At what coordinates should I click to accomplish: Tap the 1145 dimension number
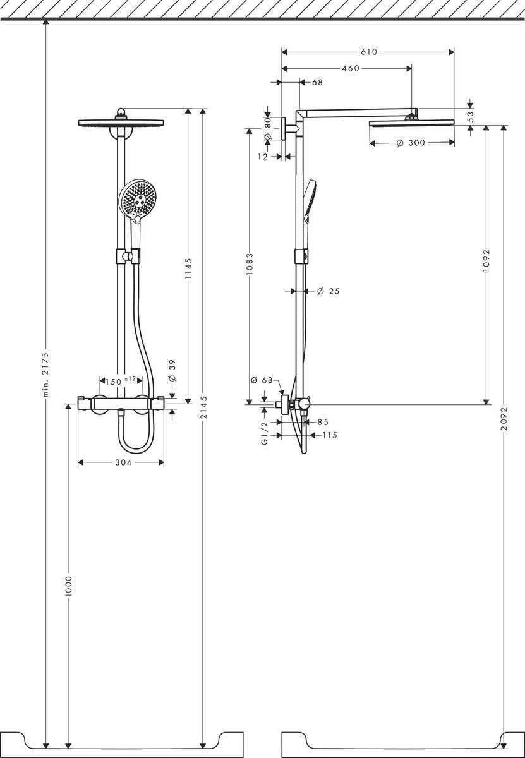[188, 270]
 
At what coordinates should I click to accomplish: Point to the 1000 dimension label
[68, 587]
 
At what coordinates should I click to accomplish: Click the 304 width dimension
[123, 463]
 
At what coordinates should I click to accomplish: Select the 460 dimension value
[350, 68]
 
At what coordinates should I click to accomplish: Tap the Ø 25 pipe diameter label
[327, 291]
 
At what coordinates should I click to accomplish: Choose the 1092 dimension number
[486, 259]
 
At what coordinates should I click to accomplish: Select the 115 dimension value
[330, 435]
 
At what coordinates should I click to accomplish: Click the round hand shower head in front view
[137, 198]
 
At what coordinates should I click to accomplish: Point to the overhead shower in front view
[122, 121]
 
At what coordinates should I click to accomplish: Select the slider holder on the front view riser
[128, 256]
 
